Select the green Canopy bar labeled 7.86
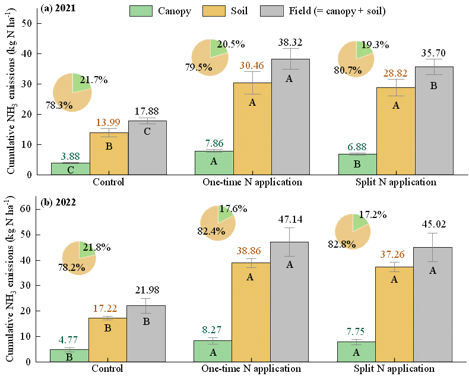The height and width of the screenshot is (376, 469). click(x=213, y=163)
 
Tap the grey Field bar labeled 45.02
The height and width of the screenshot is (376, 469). click(x=433, y=304)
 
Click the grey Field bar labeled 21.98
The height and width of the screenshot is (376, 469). click(x=147, y=333)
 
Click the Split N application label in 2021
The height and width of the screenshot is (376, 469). click(x=395, y=182)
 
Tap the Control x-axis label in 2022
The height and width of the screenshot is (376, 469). click(x=108, y=369)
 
